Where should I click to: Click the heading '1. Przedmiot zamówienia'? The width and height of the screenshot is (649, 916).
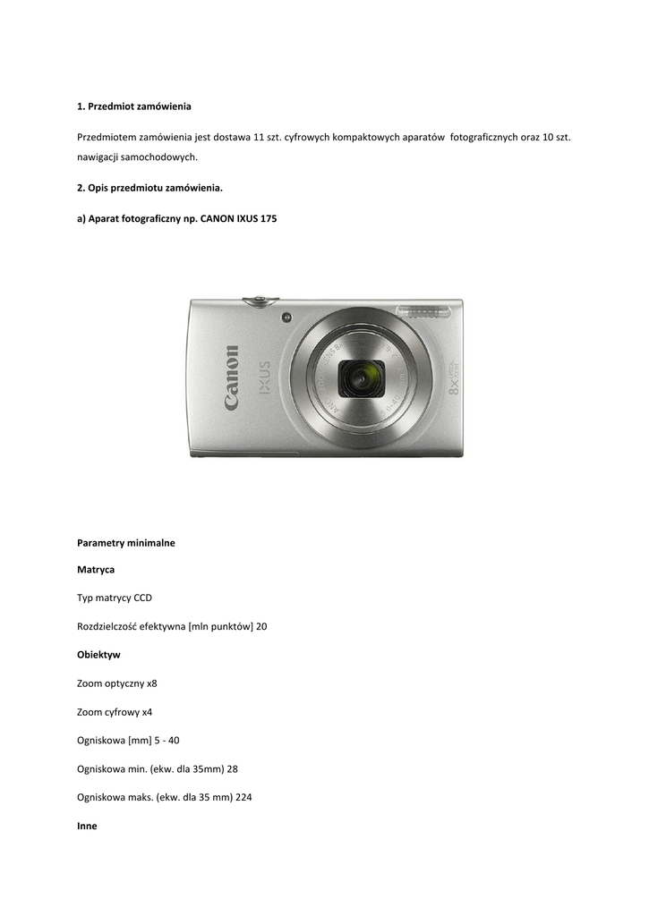click(x=134, y=106)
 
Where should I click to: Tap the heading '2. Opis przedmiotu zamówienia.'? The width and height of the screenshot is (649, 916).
click(x=149, y=189)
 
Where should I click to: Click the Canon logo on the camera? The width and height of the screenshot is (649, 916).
click(x=232, y=378)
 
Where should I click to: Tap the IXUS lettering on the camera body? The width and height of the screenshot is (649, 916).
click(x=264, y=379)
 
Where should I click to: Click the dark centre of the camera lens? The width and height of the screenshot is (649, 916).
click(x=361, y=378)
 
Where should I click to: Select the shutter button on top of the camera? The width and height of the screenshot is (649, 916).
click(x=260, y=301)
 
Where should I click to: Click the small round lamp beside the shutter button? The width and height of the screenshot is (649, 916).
click(x=286, y=317)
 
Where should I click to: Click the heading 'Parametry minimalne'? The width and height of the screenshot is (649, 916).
click(x=126, y=542)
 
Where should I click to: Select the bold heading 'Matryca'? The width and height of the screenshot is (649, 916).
click(x=96, y=569)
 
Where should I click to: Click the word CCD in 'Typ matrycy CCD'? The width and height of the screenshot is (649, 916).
click(x=143, y=598)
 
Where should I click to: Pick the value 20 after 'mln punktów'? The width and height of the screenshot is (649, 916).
click(x=261, y=626)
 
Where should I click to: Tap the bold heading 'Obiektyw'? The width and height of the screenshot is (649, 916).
click(x=98, y=655)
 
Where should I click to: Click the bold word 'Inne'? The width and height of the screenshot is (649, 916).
click(x=88, y=827)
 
